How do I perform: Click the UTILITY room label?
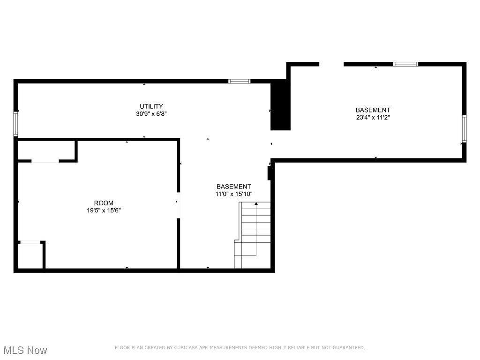151,106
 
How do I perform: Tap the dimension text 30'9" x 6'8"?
151,113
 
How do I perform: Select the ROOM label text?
104,203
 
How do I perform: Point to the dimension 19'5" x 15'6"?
104,210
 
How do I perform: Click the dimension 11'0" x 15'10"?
233,194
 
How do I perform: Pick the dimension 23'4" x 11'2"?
373,118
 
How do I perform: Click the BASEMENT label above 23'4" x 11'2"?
373,110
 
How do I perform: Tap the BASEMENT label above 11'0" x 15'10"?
233,187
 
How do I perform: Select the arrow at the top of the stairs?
256,204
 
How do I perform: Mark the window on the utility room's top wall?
239,81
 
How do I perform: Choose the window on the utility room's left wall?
15,124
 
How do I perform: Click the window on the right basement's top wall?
405,64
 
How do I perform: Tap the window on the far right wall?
464,128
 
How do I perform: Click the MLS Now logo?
25,350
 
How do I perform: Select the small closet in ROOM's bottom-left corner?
30,255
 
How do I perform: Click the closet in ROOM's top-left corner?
46,150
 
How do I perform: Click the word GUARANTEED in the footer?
348,347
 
